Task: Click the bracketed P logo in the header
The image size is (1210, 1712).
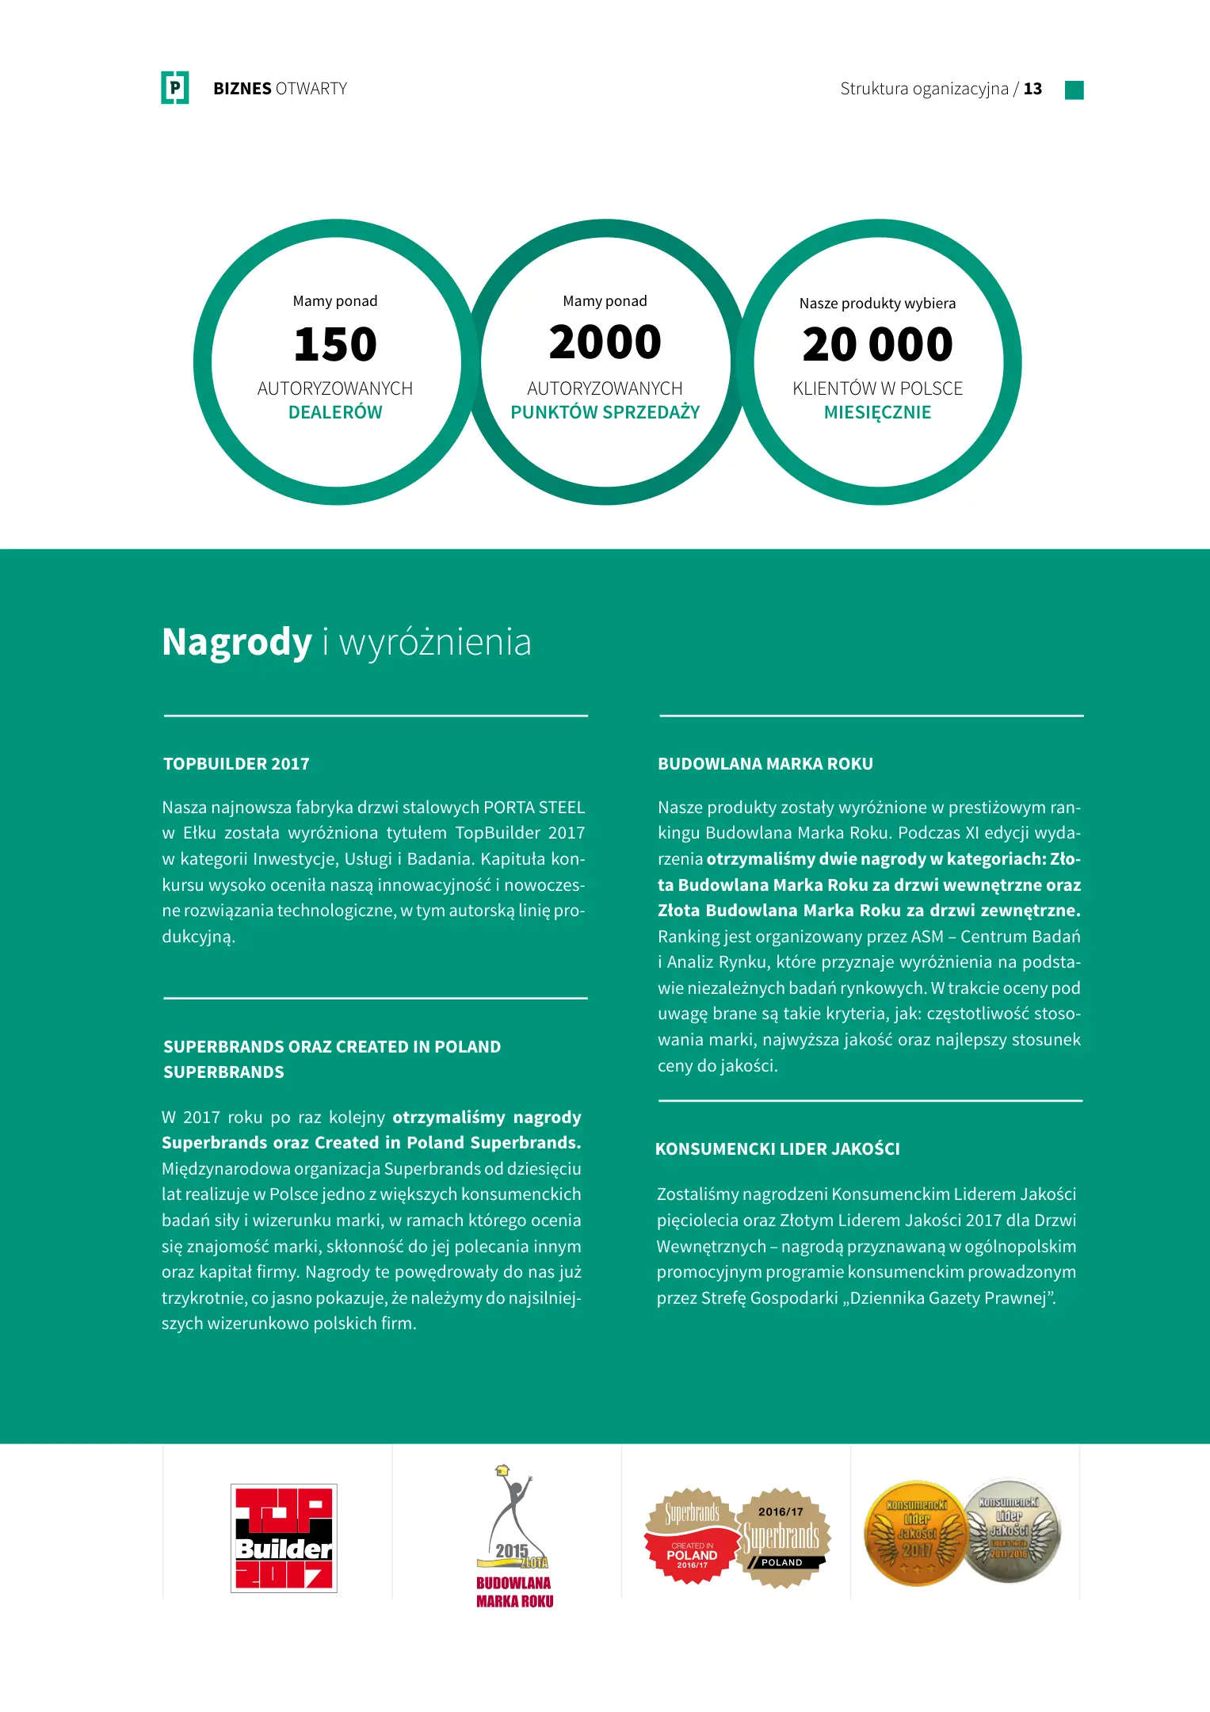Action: tap(175, 88)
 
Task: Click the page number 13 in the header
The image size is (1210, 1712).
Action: tap(1033, 89)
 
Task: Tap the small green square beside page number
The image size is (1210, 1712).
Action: tap(1074, 90)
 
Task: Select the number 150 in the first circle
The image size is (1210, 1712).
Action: tap(335, 345)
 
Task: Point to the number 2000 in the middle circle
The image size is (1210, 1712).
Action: tap(605, 342)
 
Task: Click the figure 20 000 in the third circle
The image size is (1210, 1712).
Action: tap(877, 345)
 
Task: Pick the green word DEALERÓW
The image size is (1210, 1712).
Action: tap(335, 412)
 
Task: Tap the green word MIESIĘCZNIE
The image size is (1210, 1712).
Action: tap(877, 412)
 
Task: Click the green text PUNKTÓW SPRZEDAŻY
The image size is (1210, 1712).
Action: tap(605, 412)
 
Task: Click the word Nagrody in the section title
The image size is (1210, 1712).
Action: tap(237, 642)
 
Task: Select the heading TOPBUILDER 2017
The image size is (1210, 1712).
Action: tap(236, 764)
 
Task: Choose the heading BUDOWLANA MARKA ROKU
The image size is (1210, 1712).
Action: tap(765, 764)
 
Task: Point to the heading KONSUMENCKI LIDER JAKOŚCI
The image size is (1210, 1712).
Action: tap(777, 1149)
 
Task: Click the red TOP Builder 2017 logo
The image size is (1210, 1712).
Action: tap(284, 1538)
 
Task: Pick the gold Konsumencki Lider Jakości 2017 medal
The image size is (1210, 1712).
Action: tap(915, 1533)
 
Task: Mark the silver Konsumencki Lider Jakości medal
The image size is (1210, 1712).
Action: tap(1010, 1530)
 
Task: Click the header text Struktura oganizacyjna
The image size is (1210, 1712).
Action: tap(924, 89)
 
